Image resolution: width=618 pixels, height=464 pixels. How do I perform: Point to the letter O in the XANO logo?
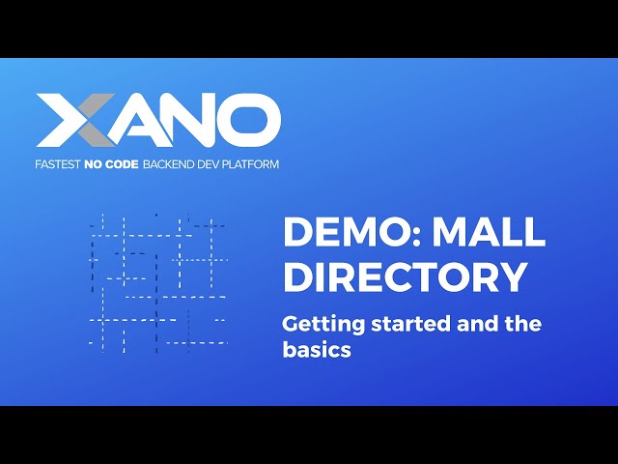click(248, 121)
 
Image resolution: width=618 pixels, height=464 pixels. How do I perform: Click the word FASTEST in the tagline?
click(59, 164)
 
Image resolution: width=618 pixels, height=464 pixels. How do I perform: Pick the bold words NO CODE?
click(113, 164)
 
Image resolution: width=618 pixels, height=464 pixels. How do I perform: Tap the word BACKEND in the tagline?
click(170, 164)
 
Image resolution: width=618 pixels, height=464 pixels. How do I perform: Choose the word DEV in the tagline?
click(213, 164)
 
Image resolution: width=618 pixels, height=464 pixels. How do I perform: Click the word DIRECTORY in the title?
click(406, 277)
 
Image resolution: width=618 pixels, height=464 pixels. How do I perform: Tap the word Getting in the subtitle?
click(320, 325)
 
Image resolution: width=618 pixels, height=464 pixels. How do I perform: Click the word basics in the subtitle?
click(317, 350)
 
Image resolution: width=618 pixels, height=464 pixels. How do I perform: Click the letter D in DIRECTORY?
click(298, 277)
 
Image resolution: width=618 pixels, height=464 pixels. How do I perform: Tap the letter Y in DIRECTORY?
click(513, 277)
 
